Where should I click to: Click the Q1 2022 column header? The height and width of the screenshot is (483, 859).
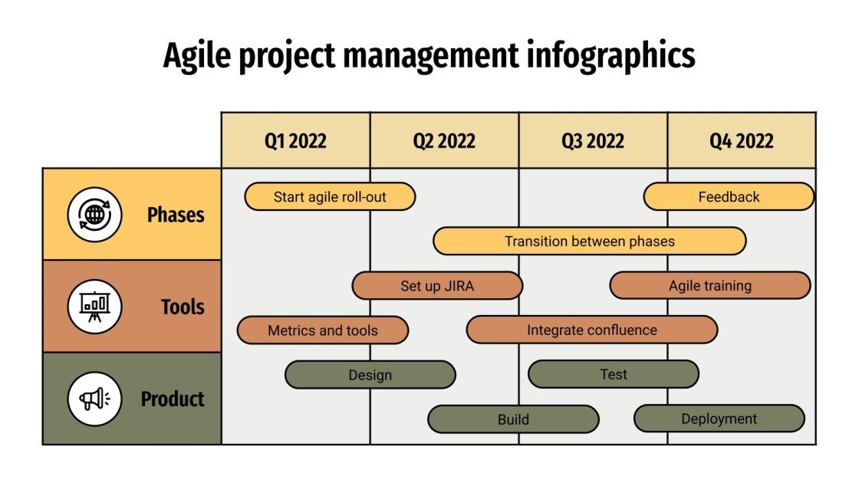[x=296, y=141]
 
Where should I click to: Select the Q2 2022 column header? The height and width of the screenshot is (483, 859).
[x=444, y=141]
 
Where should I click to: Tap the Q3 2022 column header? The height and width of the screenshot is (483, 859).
[x=593, y=141]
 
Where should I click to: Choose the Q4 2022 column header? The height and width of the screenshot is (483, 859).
[x=741, y=141]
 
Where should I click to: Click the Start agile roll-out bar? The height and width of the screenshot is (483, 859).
[x=330, y=197]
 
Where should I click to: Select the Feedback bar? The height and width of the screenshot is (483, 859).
[x=729, y=197]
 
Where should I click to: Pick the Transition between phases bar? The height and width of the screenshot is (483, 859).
[x=589, y=242]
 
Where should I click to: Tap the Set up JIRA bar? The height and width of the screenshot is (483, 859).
[x=437, y=286]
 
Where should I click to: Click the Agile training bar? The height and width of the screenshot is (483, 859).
[x=710, y=286]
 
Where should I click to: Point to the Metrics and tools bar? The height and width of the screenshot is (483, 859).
[x=323, y=330]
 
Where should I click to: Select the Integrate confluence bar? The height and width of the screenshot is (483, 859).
[x=592, y=330]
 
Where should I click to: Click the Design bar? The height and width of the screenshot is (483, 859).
[x=370, y=375]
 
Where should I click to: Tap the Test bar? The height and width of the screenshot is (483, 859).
[x=614, y=374]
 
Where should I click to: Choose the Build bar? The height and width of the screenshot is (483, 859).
[x=513, y=419]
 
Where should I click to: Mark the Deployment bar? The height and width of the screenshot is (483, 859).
[x=719, y=419]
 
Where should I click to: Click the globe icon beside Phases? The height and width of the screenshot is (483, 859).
[x=94, y=215]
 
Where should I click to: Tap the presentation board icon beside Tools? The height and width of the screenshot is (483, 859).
[x=94, y=307]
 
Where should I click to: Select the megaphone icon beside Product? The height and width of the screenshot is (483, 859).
[x=94, y=399]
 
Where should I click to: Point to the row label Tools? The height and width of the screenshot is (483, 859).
[x=183, y=307]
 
